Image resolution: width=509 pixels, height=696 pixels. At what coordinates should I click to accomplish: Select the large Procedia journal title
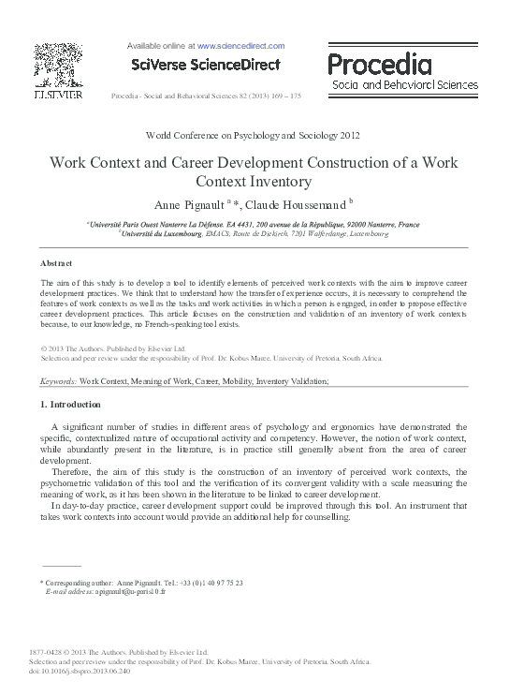380,65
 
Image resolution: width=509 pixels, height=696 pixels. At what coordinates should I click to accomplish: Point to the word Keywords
57,383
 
